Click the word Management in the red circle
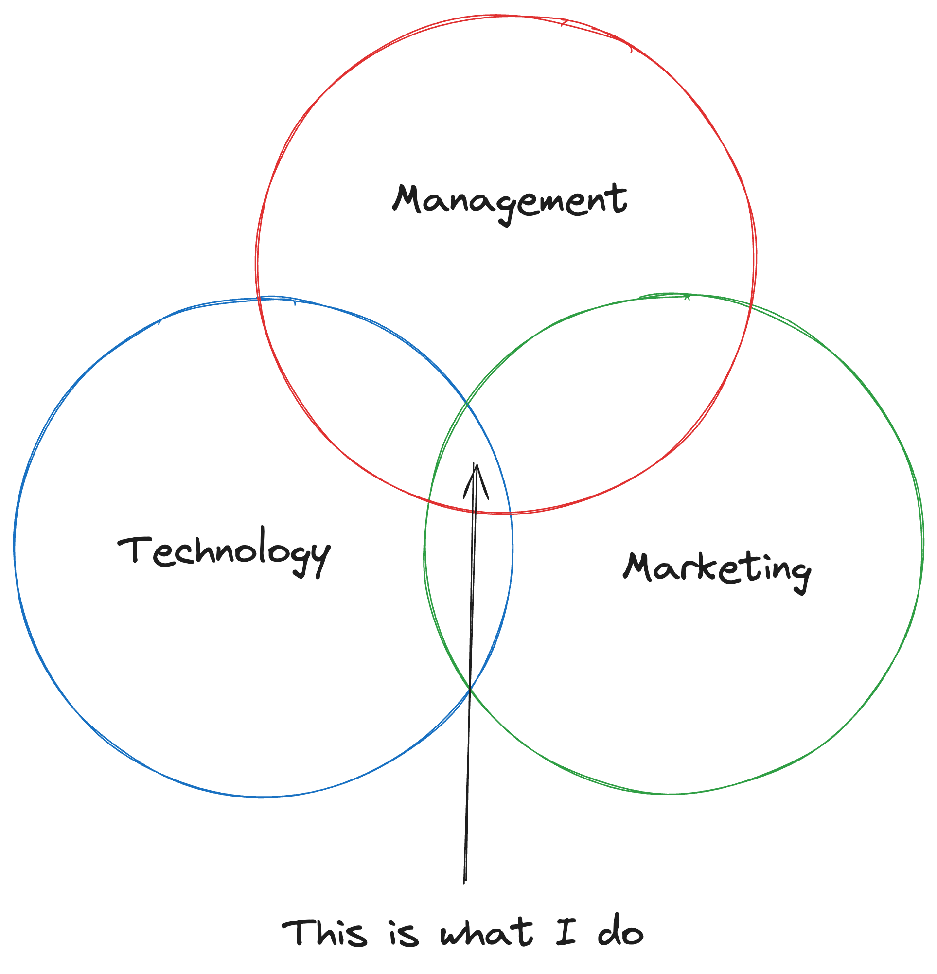(x=509, y=201)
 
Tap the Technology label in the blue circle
(x=225, y=551)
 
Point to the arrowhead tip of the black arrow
(x=476, y=464)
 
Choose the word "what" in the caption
(x=486, y=933)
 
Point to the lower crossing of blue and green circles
(x=470, y=689)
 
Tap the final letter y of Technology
(x=320, y=559)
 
